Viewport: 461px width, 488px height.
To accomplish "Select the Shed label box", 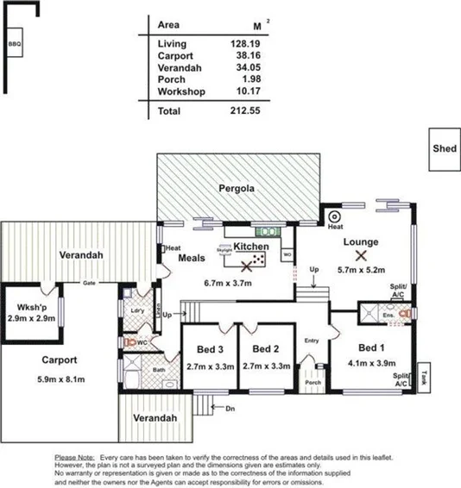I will (444, 147).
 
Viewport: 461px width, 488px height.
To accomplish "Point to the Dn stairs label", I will (230, 408).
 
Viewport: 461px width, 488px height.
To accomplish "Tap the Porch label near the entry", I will (313, 383).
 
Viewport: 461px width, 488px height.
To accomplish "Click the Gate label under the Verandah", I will (87, 283).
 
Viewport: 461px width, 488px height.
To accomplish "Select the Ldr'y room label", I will (136, 310).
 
